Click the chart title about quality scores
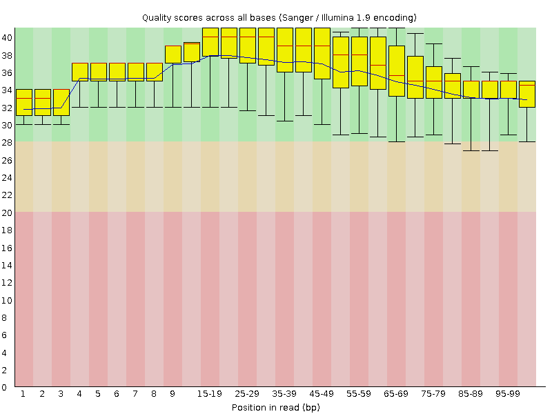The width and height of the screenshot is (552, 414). pos(279,17)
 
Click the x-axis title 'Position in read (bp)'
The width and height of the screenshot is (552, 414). pos(275,407)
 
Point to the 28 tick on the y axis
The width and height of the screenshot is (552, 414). pos(6,142)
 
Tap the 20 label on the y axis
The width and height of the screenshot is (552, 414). pos(6,212)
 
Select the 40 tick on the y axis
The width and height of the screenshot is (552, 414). pos(6,37)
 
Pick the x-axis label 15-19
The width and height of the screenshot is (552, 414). pos(210,394)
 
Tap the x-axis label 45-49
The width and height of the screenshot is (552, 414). pos(322,394)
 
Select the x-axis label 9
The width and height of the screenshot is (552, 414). pos(172,394)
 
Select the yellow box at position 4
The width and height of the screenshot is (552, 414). pos(79,71)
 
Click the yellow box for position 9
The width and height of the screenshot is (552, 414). pos(172,55)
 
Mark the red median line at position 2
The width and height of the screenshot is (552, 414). pos(42,99)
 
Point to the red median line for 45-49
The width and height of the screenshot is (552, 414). pos(322,46)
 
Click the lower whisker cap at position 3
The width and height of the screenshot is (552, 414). pos(61,124)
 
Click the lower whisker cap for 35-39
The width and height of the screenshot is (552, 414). pos(284,121)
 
